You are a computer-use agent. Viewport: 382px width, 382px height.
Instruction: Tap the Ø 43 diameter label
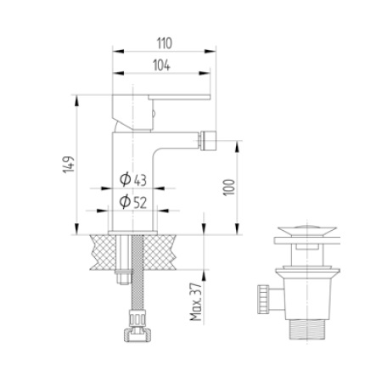(134, 179)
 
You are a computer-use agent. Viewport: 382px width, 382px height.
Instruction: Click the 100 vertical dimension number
(228, 188)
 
